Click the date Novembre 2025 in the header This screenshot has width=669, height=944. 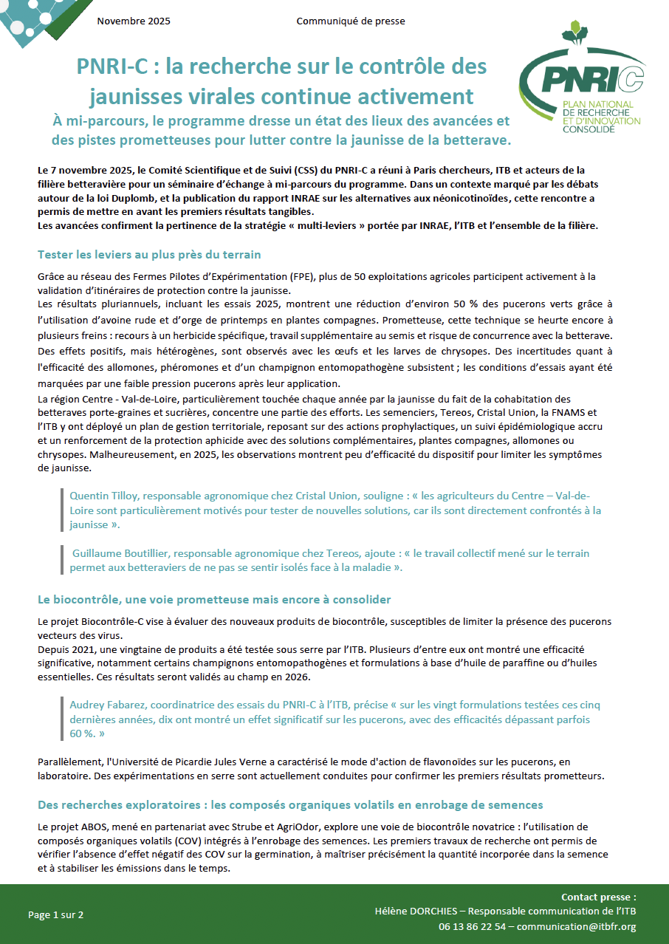[134, 21]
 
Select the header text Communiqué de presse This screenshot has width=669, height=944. [351, 21]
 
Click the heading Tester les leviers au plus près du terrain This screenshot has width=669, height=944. [149, 255]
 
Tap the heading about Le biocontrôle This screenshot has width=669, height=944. [214, 598]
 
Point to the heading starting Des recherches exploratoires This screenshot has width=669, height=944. [290, 804]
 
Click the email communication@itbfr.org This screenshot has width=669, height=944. [577, 926]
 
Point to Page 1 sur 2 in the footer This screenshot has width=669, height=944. [56, 914]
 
